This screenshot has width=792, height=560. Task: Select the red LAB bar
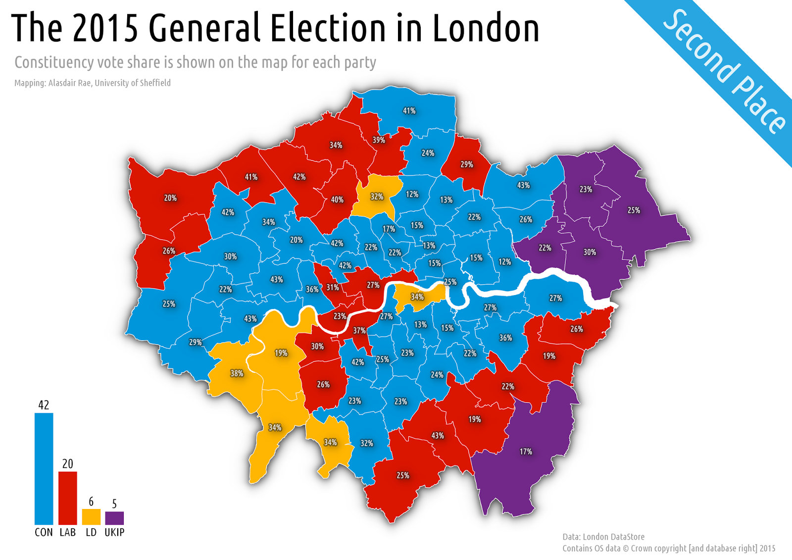pos(68,498)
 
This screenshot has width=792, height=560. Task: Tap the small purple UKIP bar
pos(114,518)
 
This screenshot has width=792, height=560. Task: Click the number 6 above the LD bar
pos(91,502)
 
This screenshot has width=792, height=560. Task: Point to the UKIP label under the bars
pos(114,532)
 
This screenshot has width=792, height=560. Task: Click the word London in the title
pos(486,28)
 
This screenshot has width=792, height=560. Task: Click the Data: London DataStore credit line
pos(603,537)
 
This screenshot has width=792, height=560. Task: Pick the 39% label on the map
pos(379,140)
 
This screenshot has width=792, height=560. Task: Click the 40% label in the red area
pos(337,200)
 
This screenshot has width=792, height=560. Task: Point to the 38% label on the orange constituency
pos(237,373)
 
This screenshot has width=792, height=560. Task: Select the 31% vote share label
pos(333,287)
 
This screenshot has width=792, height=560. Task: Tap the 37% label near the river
pos(359,331)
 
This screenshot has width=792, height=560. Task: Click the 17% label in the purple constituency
pos(526,452)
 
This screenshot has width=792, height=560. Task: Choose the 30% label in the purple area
pos(590,252)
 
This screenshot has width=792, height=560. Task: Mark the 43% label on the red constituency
pos(438,436)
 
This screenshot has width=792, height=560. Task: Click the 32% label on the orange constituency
pos(377,197)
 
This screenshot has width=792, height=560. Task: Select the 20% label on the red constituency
pos(170,198)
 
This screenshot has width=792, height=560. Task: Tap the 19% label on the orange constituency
pos(281,353)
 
